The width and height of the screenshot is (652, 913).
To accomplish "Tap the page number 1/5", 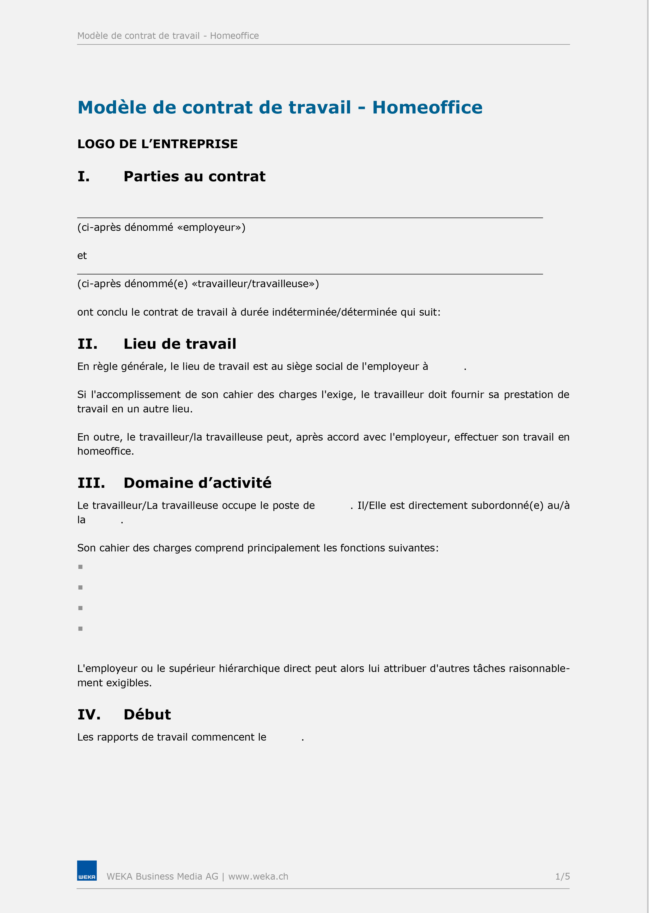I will point(562,876).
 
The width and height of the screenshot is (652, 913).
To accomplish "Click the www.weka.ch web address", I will point(258,876).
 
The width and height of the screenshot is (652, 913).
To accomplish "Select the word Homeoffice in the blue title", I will point(427,107).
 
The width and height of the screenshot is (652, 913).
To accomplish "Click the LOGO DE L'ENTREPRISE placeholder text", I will point(157,144).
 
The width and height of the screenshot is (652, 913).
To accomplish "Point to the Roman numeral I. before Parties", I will point(83,177).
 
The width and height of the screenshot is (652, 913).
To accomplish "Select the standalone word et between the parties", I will point(82,256).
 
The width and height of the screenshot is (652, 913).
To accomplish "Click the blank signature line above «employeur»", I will point(310,217).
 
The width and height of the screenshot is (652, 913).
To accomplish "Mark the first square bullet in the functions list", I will point(81,567).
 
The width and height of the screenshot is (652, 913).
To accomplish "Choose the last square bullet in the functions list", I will point(81,629).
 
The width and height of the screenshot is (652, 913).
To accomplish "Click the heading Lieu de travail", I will point(180,344).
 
